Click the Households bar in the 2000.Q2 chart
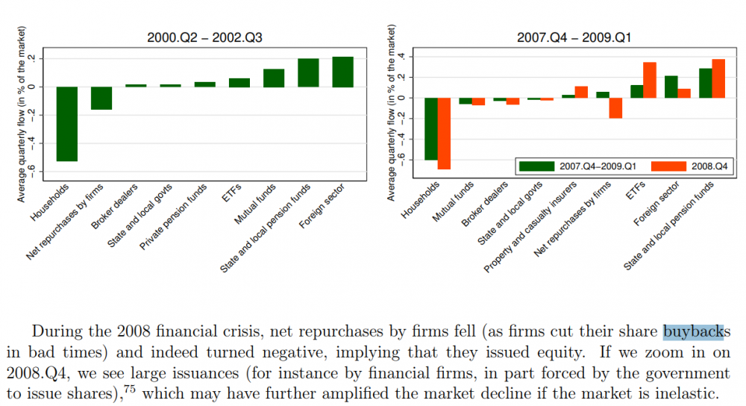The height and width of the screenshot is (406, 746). point(67,123)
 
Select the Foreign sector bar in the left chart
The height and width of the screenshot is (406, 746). point(342,72)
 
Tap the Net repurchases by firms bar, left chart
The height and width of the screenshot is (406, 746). point(101,98)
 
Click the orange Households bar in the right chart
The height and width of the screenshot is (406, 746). point(444,134)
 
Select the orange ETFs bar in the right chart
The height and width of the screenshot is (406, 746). point(649,80)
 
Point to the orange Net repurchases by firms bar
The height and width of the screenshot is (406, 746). point(615,108)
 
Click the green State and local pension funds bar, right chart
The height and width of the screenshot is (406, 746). point(705,83)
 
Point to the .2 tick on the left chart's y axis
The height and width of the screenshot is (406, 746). point(42,58)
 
